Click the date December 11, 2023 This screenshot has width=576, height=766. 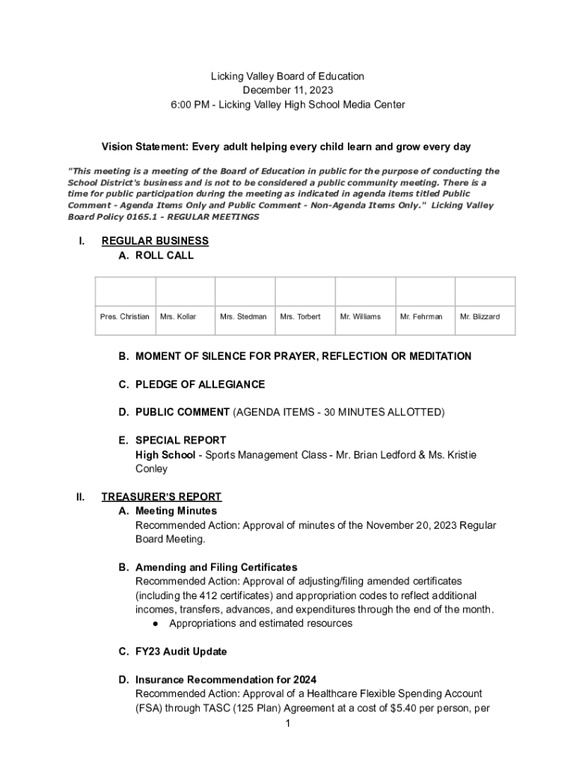coord(287,91)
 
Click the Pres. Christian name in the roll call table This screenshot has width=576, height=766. coord(125,316)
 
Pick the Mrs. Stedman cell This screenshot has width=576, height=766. coord(243,316)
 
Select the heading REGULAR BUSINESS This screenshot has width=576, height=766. coord(155,241)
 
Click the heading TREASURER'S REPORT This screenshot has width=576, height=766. coord(162,497)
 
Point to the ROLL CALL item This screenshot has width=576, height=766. coord(164,255)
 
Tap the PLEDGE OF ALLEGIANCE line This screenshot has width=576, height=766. coord(200,384)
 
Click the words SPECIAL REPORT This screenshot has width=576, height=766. coord(180,440)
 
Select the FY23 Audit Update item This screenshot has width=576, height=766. coord(180,652)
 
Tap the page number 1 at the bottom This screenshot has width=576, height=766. coord(288,724)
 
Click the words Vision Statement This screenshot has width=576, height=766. coord(142,147)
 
